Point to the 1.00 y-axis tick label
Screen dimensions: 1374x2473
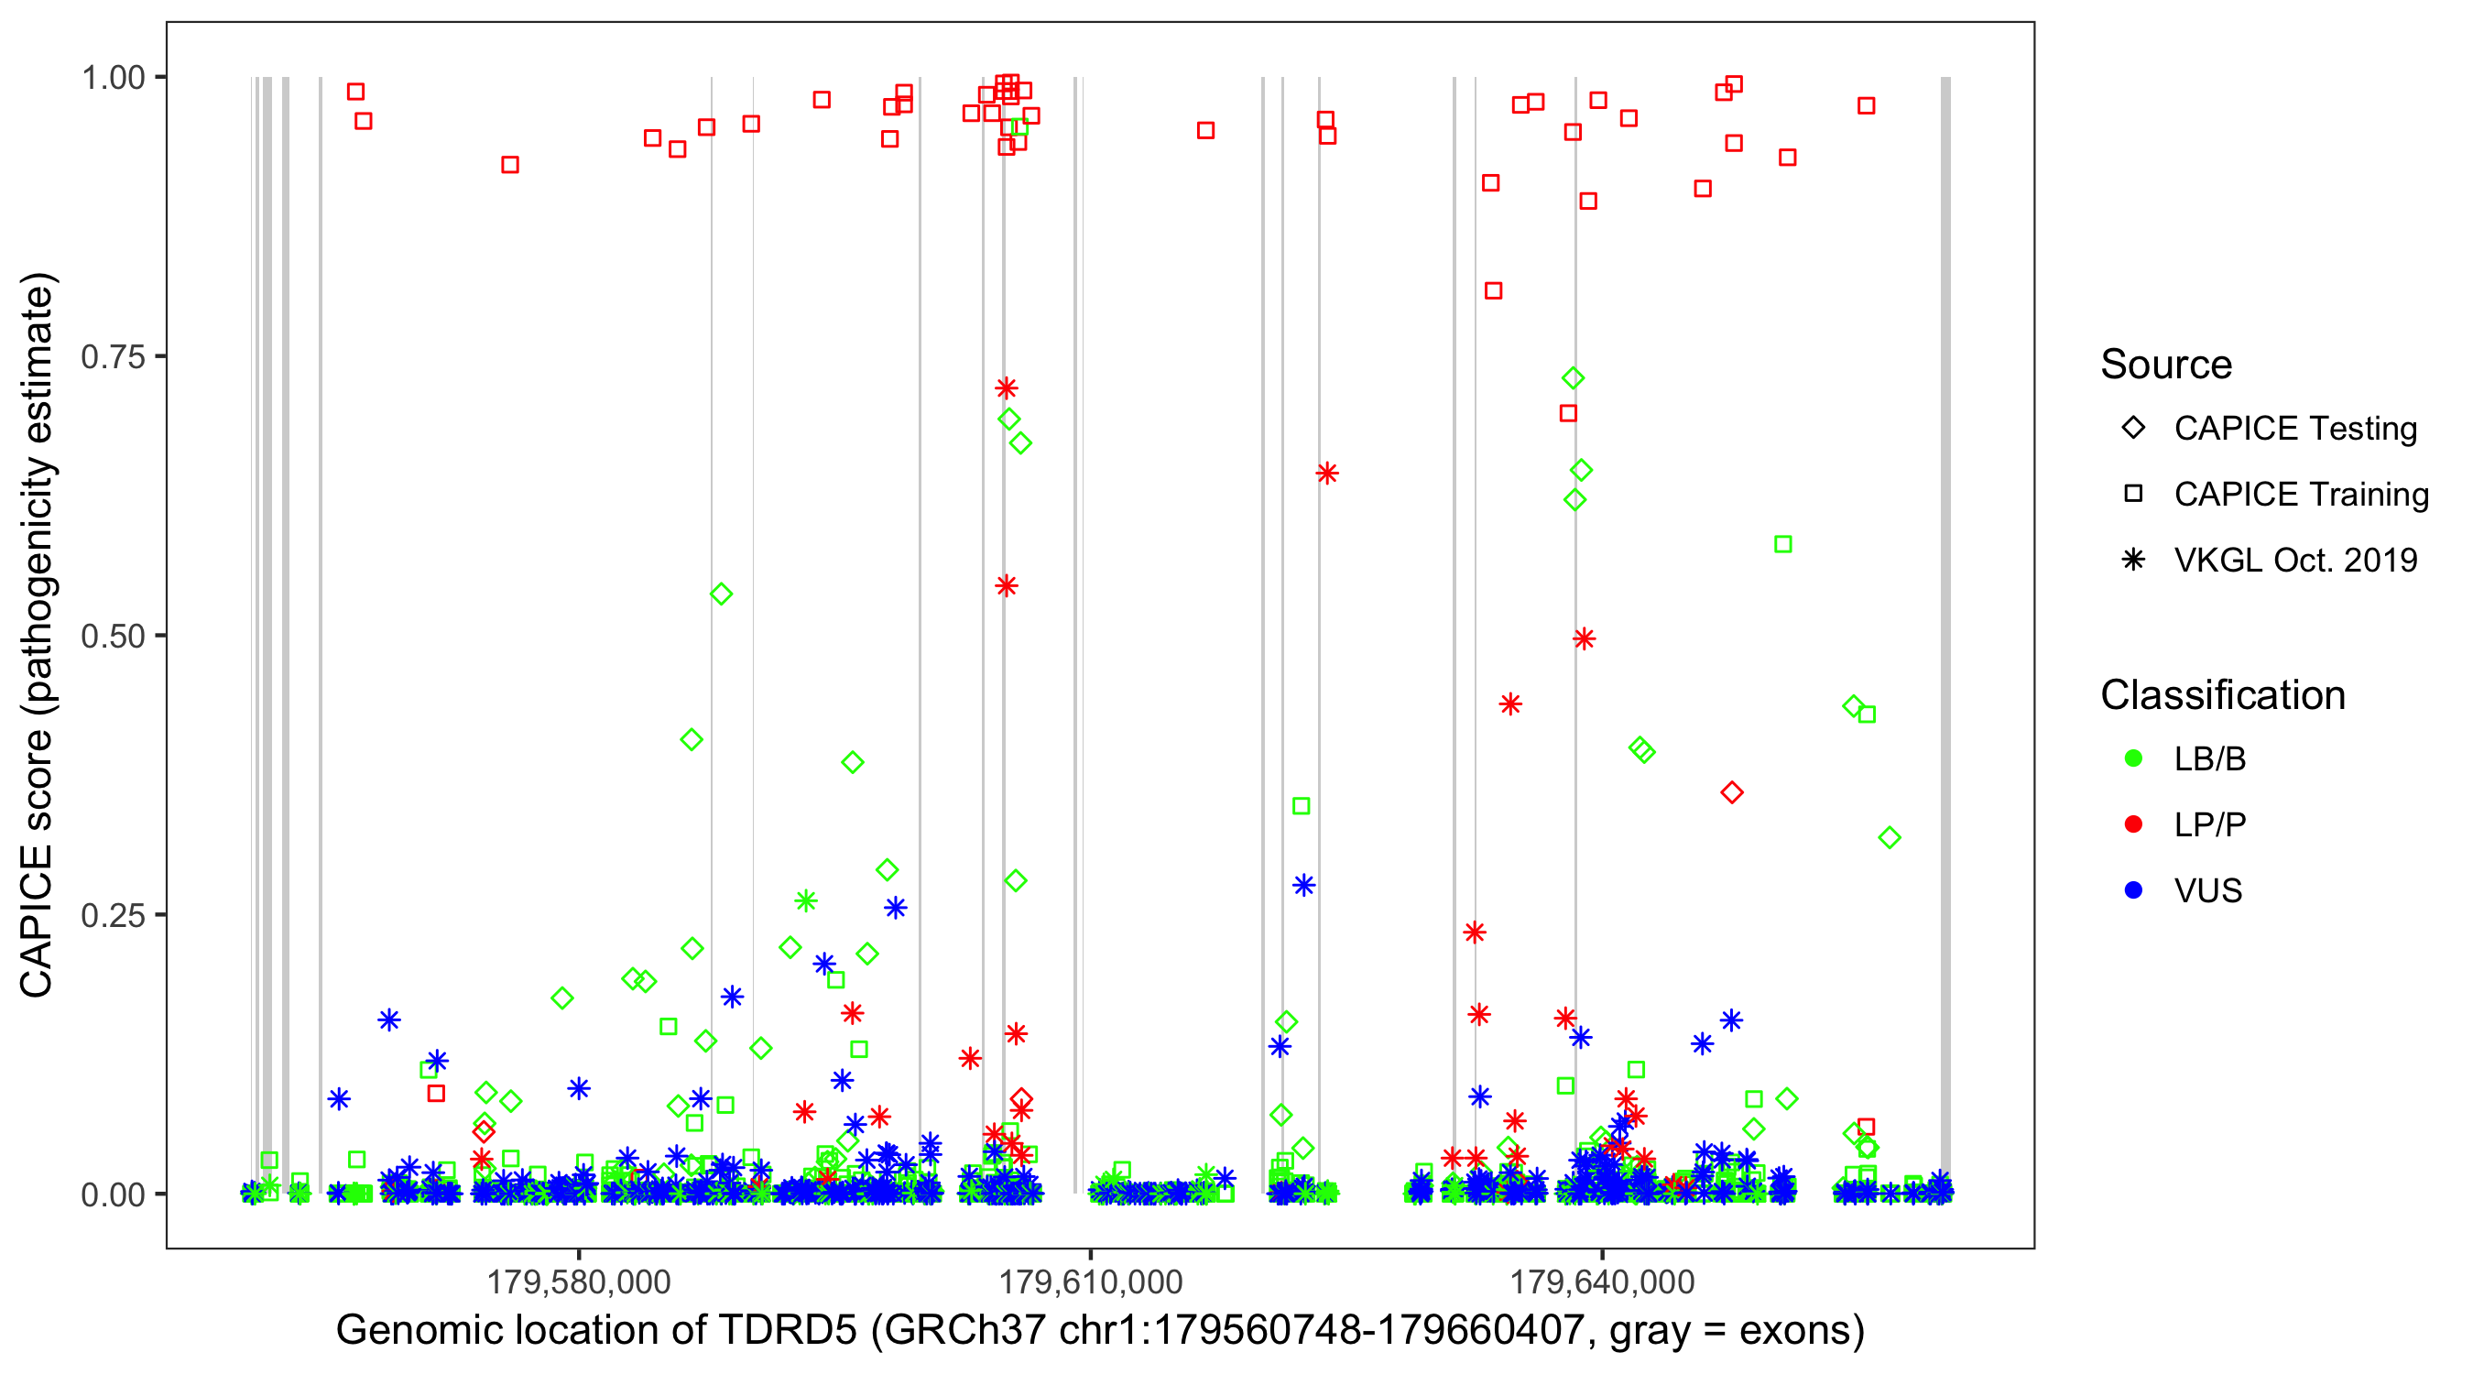pyautogui.click(x=113, y=77)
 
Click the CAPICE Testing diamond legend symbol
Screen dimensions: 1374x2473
pyautogui.click(x=2133, y=429)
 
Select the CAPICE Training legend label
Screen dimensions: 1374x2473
pyautogui.click(x=2300, y=495)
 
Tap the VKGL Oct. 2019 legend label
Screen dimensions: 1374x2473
pyautogui.click(x=2294, y=561)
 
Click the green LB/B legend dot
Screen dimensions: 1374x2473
pyautogui.click(x=2133, y=758)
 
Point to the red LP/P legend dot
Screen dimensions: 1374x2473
pyautogui.click(x=2133, y=824)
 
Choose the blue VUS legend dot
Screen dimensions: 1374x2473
pyautogui.click(x=2133, y=891)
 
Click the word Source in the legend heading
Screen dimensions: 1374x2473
pyautogui.click(x=2166, y=365)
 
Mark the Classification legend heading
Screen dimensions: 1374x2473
pyautogui.click(x=2221, y=695)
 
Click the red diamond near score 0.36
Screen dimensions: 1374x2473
pyautogui.click(x=1732, y=793)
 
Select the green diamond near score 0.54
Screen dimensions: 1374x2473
pyautogui.click(x=721, y=594)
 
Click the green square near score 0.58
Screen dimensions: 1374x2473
pyautogui.click(x=1782, y=544)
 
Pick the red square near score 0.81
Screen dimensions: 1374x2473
pyautogui.click(x=1493, y=291)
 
